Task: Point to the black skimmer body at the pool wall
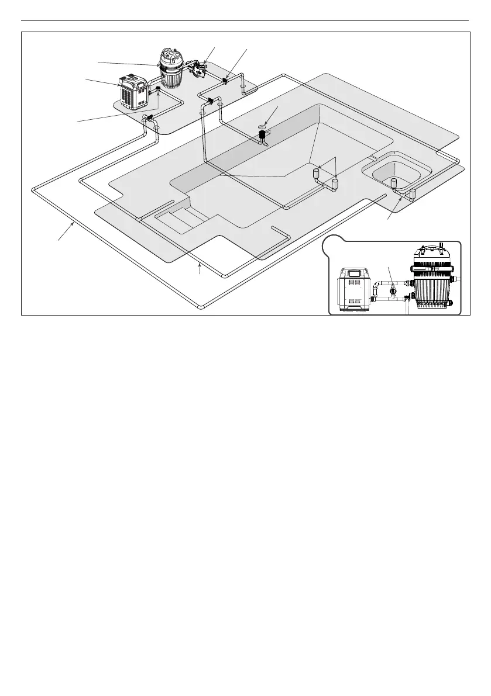pos(263,137)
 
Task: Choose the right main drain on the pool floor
pos(335,184)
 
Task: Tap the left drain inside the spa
pos(394,183)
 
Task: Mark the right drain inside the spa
pos(413,193)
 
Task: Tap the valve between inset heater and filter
pos(393,290)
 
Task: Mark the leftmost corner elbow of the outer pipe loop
pos(34,189)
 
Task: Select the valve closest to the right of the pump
pos(225,81)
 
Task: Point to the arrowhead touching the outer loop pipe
pos(73,223)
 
